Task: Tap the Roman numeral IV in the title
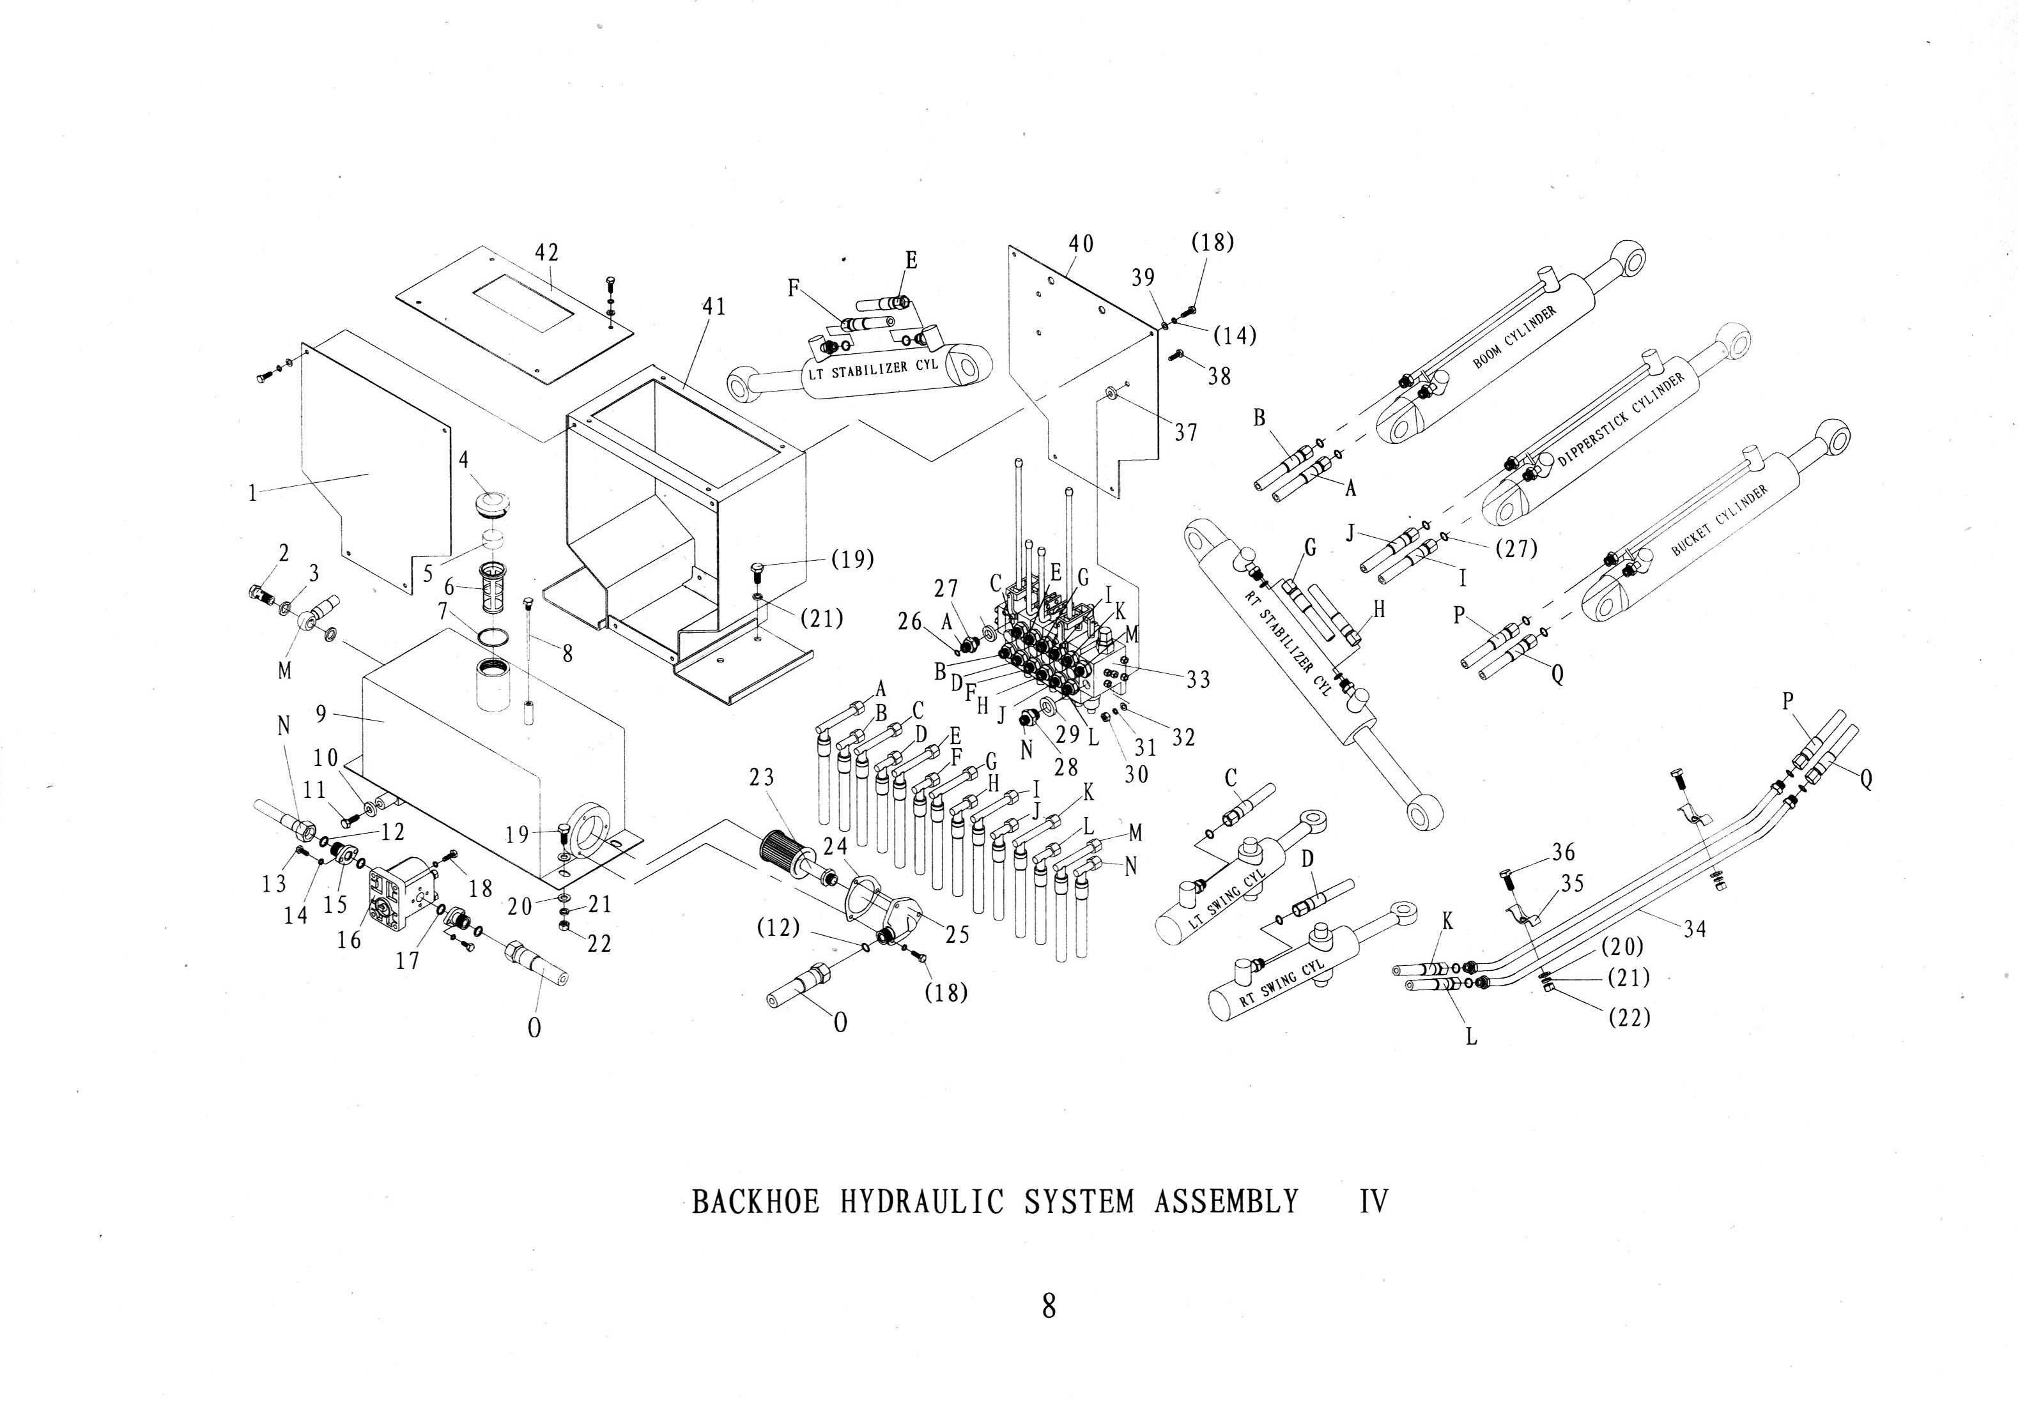[x=1374, y=1201]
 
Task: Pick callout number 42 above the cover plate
[x=547, y=252]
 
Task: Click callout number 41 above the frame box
[x=714, y=307]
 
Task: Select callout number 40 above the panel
[x=1081, y=243]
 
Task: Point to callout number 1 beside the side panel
[x=252, y=494]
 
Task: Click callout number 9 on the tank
[x=321, y=713]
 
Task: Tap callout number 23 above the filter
[x=762, y=777]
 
